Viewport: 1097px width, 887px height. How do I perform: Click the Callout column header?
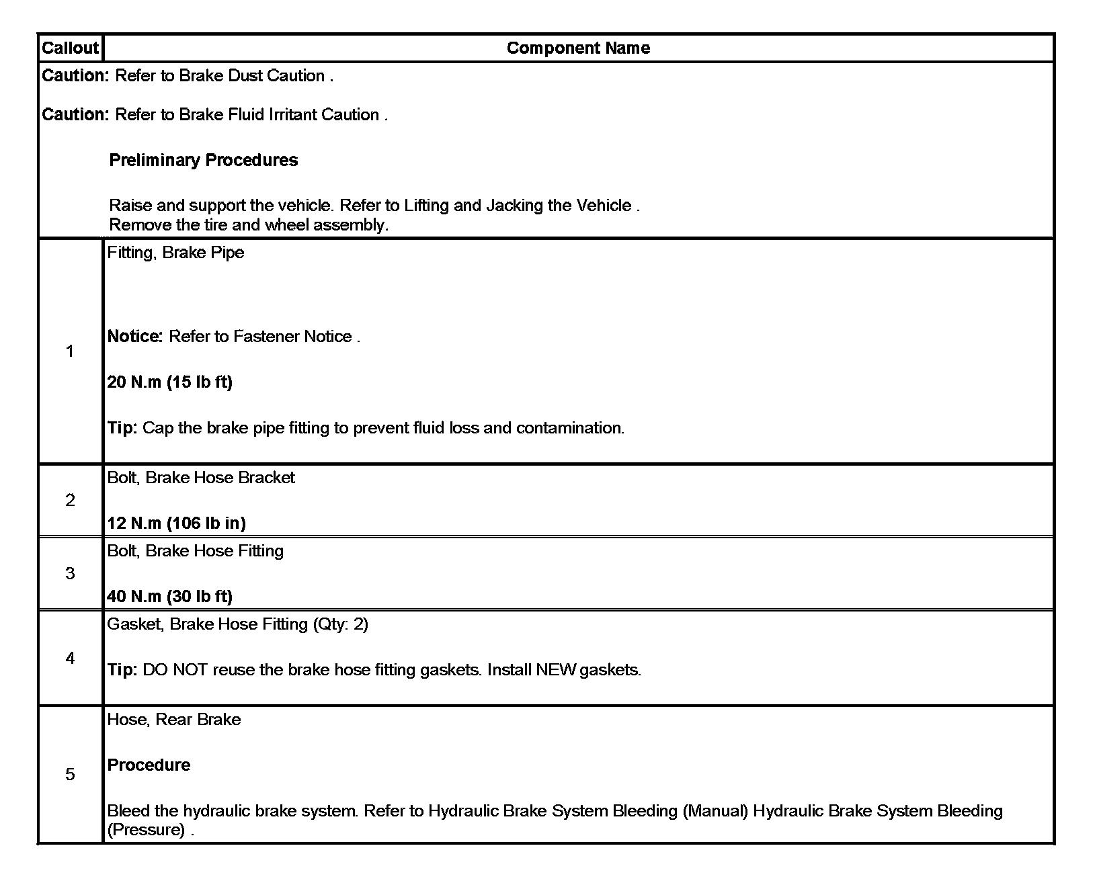(70, 48)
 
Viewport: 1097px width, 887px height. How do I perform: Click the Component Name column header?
(578, 48)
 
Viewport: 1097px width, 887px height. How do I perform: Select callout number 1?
(70, 351)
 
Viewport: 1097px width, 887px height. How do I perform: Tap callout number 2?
(70, 501)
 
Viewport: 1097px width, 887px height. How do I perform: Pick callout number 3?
(70, 574)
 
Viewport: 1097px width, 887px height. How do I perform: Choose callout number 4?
(70, 659)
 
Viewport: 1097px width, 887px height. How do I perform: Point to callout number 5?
(70, 775)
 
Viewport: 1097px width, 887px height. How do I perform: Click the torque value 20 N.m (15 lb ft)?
(169, 382)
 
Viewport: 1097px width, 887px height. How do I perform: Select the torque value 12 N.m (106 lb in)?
(176, 523)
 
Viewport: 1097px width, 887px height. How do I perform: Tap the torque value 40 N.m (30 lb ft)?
(169, 596)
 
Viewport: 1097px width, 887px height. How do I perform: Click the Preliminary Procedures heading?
(203, 161)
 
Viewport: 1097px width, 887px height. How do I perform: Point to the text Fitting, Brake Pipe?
(175, 253)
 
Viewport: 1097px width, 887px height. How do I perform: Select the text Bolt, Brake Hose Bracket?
(201, 478)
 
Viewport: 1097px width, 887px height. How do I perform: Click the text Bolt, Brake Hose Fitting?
(195, 551)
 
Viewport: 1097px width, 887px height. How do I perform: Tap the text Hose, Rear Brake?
(173, 720)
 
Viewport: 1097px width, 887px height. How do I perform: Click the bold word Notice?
(134, 337)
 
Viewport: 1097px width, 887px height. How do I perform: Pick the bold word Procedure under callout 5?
(149, 765)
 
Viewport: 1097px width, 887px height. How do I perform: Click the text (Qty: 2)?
(340, 624)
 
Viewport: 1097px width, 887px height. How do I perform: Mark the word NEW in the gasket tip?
(556, 670)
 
